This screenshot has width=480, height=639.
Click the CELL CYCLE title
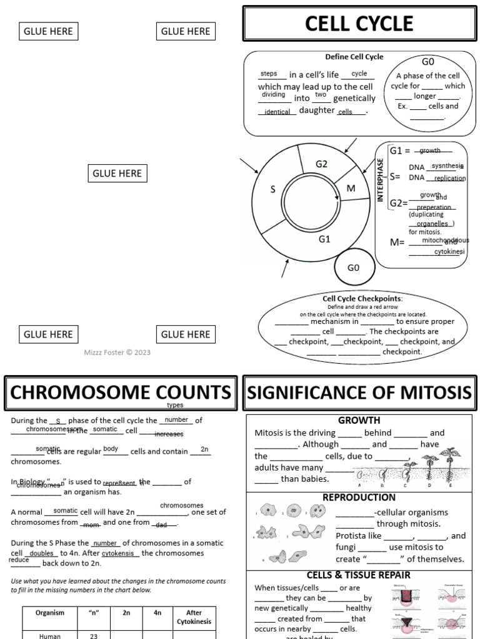(359, 24)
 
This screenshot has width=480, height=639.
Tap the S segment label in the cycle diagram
(272, 190)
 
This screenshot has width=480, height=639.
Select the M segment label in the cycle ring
(351, 188)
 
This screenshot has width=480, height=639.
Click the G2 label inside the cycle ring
(321, 164)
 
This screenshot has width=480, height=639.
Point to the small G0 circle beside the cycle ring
(353, 268)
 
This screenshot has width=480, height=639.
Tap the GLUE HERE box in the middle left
(117, 173)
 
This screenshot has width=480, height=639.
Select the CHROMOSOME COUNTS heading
(120, 393)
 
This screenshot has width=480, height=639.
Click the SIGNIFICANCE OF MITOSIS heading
(359, 393)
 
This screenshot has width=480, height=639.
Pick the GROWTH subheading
(359, 421)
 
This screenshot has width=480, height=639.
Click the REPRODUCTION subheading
(359, 497)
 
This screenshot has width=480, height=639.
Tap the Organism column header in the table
(50, 613)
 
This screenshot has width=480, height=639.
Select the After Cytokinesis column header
(199, 617)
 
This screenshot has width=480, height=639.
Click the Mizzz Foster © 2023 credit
(117, 353)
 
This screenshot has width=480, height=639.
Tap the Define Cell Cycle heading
(354, 57)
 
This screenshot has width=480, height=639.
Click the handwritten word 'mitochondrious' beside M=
(445, 240)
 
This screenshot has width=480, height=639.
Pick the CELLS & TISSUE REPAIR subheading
(359, 575)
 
